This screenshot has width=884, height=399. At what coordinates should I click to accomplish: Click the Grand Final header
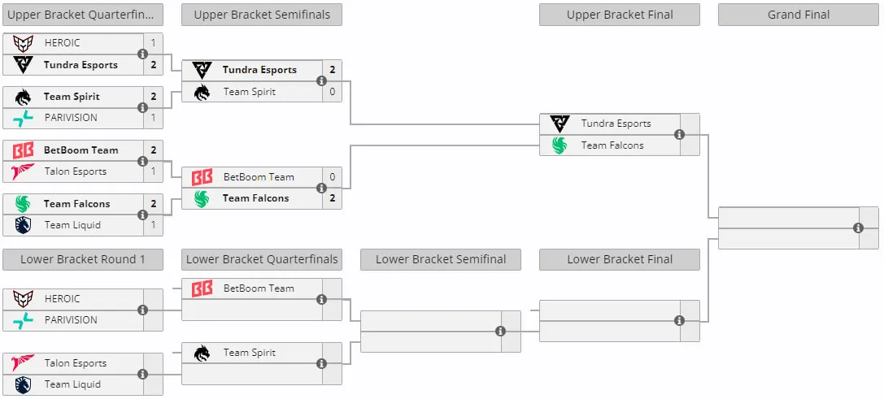pyautogui.click(x=799, y=15)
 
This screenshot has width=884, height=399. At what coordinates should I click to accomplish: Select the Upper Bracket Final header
pyautogui.click(x=620, y=15)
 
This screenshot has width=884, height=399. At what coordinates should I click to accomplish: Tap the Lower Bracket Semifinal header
pyautogui.click(x=441, y=259)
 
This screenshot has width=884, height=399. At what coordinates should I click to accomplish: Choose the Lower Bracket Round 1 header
pyautogui.click(x=83, y=259)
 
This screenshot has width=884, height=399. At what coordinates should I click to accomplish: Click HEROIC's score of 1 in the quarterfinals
pyautogui.click(x=154, y=43)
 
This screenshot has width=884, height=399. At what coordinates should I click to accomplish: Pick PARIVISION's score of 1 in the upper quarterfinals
pyautogui.click(x=154, y=118)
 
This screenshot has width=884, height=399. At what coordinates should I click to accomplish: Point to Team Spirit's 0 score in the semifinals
pyautogui.click(x=332, y=91)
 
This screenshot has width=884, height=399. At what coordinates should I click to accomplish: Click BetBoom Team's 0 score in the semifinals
pyautogui.click(x=332, y=177)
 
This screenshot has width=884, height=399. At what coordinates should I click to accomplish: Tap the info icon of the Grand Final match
pyautogui.click(x=858, y=228)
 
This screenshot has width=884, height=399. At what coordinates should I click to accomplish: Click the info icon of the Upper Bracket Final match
pyautogui.click(x=679, y=134)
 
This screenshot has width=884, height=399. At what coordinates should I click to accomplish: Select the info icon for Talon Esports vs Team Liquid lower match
pyautogui.click(x=142, y=374)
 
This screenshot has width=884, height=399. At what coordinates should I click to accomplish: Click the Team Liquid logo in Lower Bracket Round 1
pyautogui.click(x=23, y=384)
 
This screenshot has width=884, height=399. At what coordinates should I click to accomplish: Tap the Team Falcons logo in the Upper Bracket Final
pyautogui.click(x=560, y=145)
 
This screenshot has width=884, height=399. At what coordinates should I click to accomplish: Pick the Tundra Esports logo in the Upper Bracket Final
pyautogui.click(x=560, y=124)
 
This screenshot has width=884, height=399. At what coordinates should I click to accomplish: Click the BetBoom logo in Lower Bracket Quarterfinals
pyautogui.click(x=202, y=288)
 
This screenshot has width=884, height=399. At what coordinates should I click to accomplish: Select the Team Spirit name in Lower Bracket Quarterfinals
pyautogui.click(x=249, y=353)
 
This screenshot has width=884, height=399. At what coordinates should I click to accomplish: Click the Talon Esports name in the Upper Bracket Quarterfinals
pyautogui.click(x=76, y=171)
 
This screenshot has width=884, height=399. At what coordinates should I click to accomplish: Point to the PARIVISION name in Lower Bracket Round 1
pyautogui.click(x=71, y=320)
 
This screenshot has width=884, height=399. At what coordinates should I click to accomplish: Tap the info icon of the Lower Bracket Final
pyautogui.click(x=679, y=320)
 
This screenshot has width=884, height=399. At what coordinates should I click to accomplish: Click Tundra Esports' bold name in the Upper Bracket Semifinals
pyautogui.click(x=259, y=70)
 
